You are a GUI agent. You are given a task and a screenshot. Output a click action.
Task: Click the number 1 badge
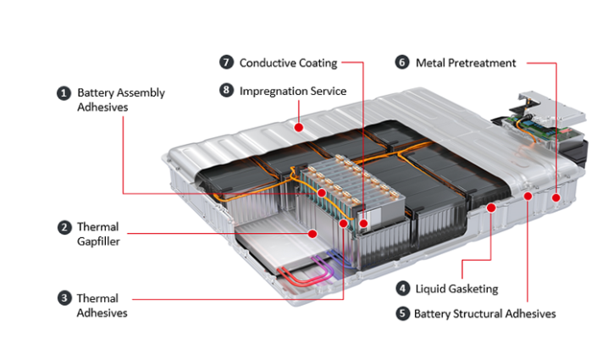coord(63,93)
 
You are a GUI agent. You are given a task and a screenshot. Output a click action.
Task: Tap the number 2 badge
coord(64,227)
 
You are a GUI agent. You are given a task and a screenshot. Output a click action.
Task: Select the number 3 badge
coord(64,298)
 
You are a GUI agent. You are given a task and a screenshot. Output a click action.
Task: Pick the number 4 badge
coord(402,289)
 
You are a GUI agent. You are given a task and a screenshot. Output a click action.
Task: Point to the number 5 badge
coord(402,313)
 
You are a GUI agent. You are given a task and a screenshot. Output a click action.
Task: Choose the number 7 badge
coord(226,63)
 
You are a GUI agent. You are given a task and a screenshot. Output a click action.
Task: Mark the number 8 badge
coord(226,90)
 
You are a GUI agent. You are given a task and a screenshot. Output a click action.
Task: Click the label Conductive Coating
coord(288,63)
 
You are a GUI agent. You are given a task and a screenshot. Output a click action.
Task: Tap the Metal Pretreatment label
coord(466,63)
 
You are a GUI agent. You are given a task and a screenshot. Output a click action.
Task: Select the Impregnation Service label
coord(292,90)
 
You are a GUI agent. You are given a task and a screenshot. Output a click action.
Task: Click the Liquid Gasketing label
coord(456,289)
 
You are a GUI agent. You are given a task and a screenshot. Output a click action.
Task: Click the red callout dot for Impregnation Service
coord(299,127)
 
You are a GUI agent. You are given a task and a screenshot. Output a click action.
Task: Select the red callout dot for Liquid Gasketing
coord(491,208)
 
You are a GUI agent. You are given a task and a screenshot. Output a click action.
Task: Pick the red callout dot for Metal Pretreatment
coord(556,198)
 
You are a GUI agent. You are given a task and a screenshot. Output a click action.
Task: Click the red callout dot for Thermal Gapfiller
coord(312,232)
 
